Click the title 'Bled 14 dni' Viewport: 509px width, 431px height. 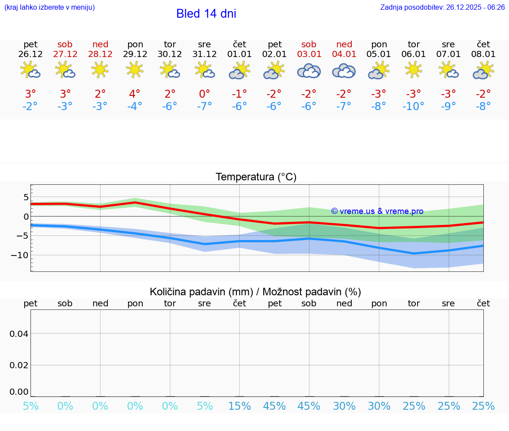206,14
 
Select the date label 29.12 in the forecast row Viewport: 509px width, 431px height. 135,54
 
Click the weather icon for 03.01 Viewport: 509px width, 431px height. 309,71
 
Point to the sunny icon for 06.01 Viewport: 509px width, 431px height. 414,69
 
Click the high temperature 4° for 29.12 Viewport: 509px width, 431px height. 135,94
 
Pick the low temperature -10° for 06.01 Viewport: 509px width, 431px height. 414,107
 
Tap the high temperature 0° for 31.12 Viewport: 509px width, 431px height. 205,94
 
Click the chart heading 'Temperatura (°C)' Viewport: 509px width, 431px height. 256,177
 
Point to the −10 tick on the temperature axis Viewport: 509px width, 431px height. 20,255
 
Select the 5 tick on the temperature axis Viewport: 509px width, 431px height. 26,197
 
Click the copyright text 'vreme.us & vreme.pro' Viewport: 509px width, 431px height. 377,211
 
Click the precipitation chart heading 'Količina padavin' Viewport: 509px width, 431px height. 255,292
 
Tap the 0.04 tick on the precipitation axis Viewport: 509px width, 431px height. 19,334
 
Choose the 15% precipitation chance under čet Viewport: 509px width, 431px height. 239,406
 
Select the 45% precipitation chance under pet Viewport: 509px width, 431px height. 274,406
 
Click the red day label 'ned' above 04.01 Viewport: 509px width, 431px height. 344,44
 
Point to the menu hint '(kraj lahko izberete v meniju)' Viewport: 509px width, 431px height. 49,8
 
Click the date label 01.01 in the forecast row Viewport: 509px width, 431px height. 239,54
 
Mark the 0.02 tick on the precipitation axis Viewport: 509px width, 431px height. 19,365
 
